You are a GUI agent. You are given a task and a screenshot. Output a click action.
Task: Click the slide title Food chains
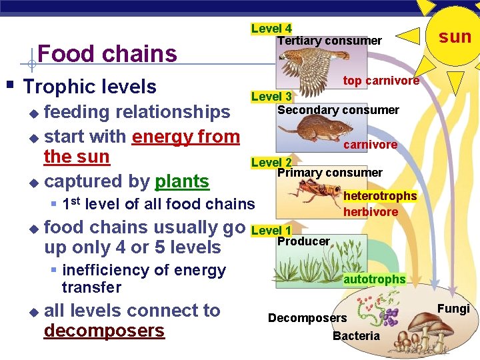click(x=107, y=53)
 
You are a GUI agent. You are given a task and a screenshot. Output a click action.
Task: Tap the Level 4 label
click(x=271, y=29)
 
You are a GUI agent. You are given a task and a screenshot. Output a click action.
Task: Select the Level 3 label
click(x=271, y=97)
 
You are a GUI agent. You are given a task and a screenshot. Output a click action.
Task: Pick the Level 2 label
click(x=271, y=163)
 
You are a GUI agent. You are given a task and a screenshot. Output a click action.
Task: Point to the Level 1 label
click(x=271, y=231)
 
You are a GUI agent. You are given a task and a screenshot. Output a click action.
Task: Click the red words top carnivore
click(x=381, y=81)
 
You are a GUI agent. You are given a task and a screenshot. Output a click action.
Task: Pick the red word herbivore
click(x=370, y=212)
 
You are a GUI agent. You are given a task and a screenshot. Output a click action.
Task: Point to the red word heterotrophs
click(x=379, y=196)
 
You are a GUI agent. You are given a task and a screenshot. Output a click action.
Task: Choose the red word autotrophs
click(x=374, y=279)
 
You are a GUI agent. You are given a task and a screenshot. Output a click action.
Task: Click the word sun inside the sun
click(x=455, y=37)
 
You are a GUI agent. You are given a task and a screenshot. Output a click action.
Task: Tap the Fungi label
click(x=453, y=309)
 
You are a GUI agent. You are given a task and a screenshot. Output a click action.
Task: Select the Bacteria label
click(x=356, y=336)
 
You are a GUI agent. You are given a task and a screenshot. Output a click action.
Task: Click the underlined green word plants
click(x=182, y=181)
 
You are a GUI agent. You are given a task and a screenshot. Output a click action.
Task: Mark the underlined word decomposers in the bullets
click(x=104, y=331)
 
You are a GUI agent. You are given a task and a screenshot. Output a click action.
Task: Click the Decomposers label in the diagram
click(x=307, y=318)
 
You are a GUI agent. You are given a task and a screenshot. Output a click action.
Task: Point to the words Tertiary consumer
click(x=329, y=41)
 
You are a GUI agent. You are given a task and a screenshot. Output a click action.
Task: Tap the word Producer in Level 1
click(x=303, y=241)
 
